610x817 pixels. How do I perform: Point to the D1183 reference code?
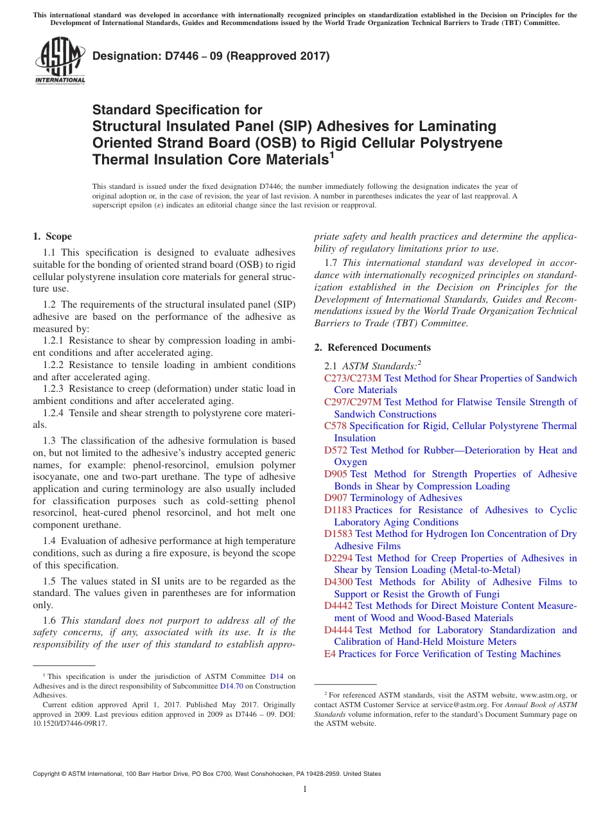[338, 510]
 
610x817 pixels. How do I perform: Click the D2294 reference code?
[338, 558]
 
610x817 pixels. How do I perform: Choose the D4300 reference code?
[338, 582]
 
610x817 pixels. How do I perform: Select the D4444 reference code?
[338, 630]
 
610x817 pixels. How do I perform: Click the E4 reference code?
[330, 654]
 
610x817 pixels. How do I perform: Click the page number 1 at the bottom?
[305, 789]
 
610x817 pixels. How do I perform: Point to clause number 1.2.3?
[55, 389]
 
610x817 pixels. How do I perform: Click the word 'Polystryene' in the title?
[455, 143]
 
